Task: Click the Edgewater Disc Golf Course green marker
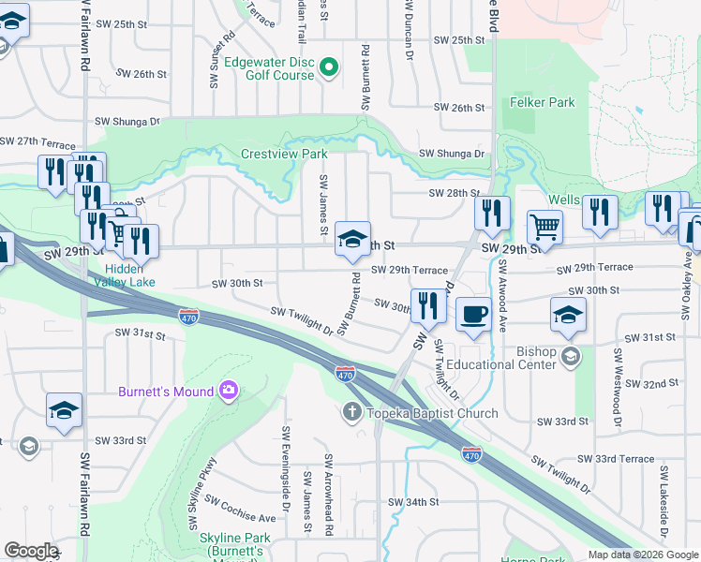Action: [x=329, y=67]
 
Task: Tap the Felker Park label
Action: [x=543, y=102]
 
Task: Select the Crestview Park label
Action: [x=284, y=154]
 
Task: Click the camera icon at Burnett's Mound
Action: [x=228, y=390]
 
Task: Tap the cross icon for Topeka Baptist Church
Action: [x=352, y=412]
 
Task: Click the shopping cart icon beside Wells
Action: [x=544, y=226]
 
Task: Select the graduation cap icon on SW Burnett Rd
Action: [x=353, y=240]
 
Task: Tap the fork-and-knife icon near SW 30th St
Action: [x=428, y=304]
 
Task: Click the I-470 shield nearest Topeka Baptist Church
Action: [x=345, y=374]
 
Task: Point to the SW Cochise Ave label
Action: [x=242, y=511]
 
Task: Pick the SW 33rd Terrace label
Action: [x=616, y=458]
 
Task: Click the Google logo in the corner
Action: [x=32, y=551]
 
